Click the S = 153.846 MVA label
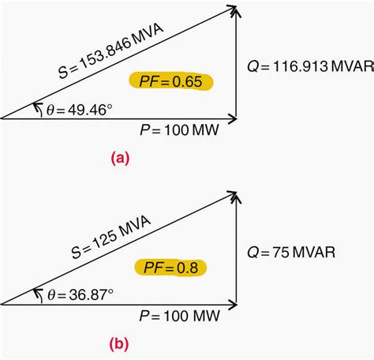click(111, 51)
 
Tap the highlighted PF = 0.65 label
click(170, 81)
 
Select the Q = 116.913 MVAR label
click(310, 66)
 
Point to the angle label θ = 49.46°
click(80, 110)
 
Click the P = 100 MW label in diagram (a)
click(179, 130)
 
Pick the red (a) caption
click(121, 159)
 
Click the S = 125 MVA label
click(111, 237)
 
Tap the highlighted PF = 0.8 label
click(170, 268)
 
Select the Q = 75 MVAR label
click(291, 252)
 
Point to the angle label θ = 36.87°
click(80, 294)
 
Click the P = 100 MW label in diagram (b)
click(179, 316)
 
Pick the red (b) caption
click(119, 344)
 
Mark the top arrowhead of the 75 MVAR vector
click(236, 196)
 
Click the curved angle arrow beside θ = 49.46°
click(39, 108)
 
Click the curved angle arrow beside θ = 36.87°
click(39, 294)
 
